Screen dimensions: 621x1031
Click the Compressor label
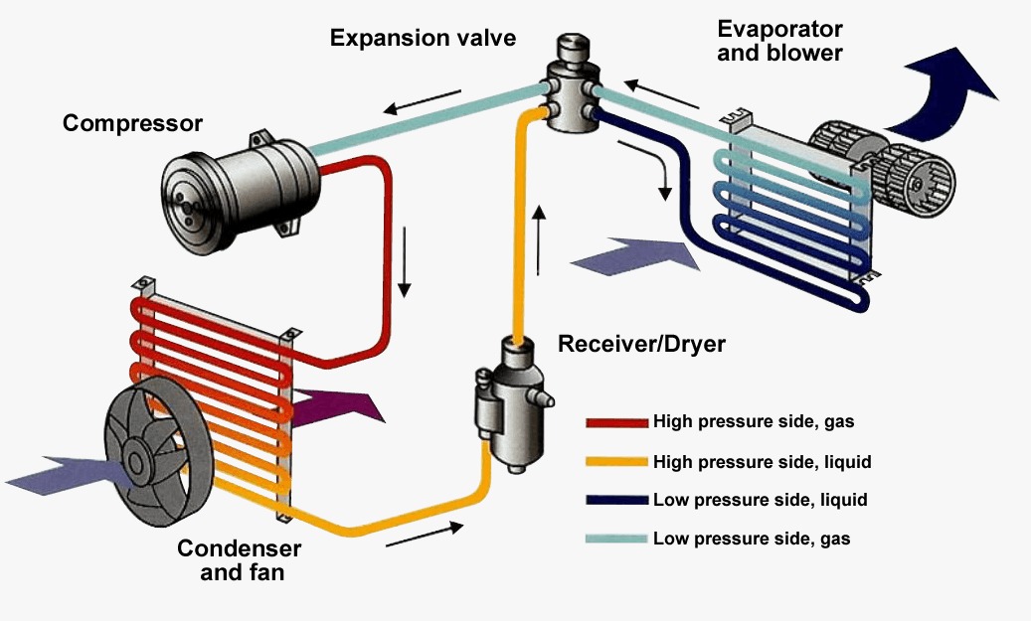(132, 124)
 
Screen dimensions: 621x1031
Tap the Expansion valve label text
(424, 39)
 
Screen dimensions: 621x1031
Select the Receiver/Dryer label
(642, 345)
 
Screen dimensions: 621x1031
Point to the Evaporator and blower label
(779, 41)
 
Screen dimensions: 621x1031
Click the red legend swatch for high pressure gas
(616, 422)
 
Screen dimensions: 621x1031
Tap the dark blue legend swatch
(616, 500)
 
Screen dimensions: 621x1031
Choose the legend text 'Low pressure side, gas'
(752, 539)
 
